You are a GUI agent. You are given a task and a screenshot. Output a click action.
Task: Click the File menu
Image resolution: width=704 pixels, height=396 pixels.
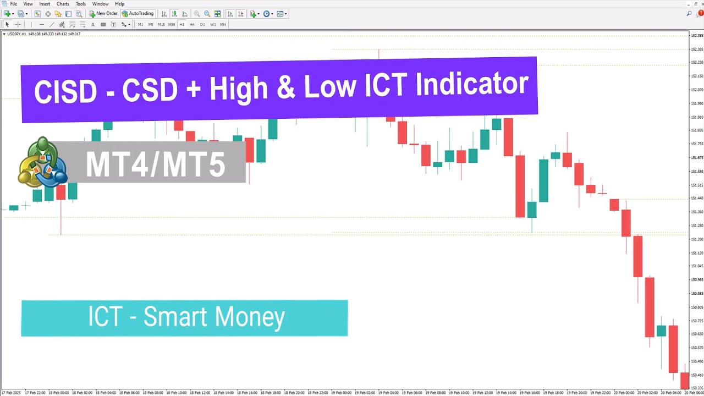click(13, 4)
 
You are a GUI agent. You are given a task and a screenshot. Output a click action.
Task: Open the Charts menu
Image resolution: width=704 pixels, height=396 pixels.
click(63, 4)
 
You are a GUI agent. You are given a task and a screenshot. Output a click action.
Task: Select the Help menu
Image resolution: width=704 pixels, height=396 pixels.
click(119, 4)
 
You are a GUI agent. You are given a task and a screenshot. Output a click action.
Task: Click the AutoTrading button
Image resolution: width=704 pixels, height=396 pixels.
click(138, 14)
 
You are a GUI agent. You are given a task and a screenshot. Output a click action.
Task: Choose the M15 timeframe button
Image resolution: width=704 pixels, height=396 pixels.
click(161, 25)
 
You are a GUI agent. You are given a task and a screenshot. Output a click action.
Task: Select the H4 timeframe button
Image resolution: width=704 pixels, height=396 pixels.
click(192, 25)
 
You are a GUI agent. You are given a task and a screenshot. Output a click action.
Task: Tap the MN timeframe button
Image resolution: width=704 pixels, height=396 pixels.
click(223, 25)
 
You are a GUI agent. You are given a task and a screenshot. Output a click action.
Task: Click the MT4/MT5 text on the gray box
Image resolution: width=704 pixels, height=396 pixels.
click(156, 163)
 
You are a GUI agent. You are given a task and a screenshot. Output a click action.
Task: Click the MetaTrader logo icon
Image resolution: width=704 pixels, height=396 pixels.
click(42, 162)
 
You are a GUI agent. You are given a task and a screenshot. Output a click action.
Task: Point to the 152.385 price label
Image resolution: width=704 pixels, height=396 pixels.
click(697, 36)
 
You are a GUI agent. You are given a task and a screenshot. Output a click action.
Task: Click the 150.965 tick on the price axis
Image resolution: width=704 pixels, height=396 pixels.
click(697, 280)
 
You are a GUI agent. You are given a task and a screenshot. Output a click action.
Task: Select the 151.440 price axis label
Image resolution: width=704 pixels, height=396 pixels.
click(697, 199)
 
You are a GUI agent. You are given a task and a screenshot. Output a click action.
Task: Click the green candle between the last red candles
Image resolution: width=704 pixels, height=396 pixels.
click(661, 331)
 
